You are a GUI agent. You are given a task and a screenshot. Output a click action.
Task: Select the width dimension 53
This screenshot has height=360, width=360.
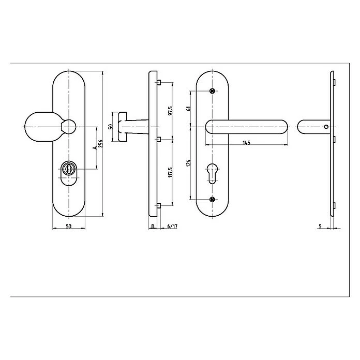pos(68,226)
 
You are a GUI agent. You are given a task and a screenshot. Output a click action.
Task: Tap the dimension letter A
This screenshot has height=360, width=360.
pos(94,147)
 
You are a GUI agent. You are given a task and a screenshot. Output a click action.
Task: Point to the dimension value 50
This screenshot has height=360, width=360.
pos(110,126)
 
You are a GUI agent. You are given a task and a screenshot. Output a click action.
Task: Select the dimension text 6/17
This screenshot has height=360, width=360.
pos(173,226)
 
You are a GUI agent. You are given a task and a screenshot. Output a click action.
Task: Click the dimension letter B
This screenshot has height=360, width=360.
pos(153,226)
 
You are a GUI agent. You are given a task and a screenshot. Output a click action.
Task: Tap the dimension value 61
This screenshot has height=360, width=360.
pos(189,108)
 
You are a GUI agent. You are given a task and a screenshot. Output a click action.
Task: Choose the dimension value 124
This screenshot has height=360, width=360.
pos(189,163)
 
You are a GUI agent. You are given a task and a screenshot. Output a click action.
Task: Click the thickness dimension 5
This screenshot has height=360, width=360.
pos(321,226)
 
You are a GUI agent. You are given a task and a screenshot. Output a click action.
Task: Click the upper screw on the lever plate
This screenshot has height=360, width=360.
pos(212,91)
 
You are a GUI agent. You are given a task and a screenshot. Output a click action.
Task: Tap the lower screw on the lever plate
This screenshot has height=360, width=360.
pos(212,199)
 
